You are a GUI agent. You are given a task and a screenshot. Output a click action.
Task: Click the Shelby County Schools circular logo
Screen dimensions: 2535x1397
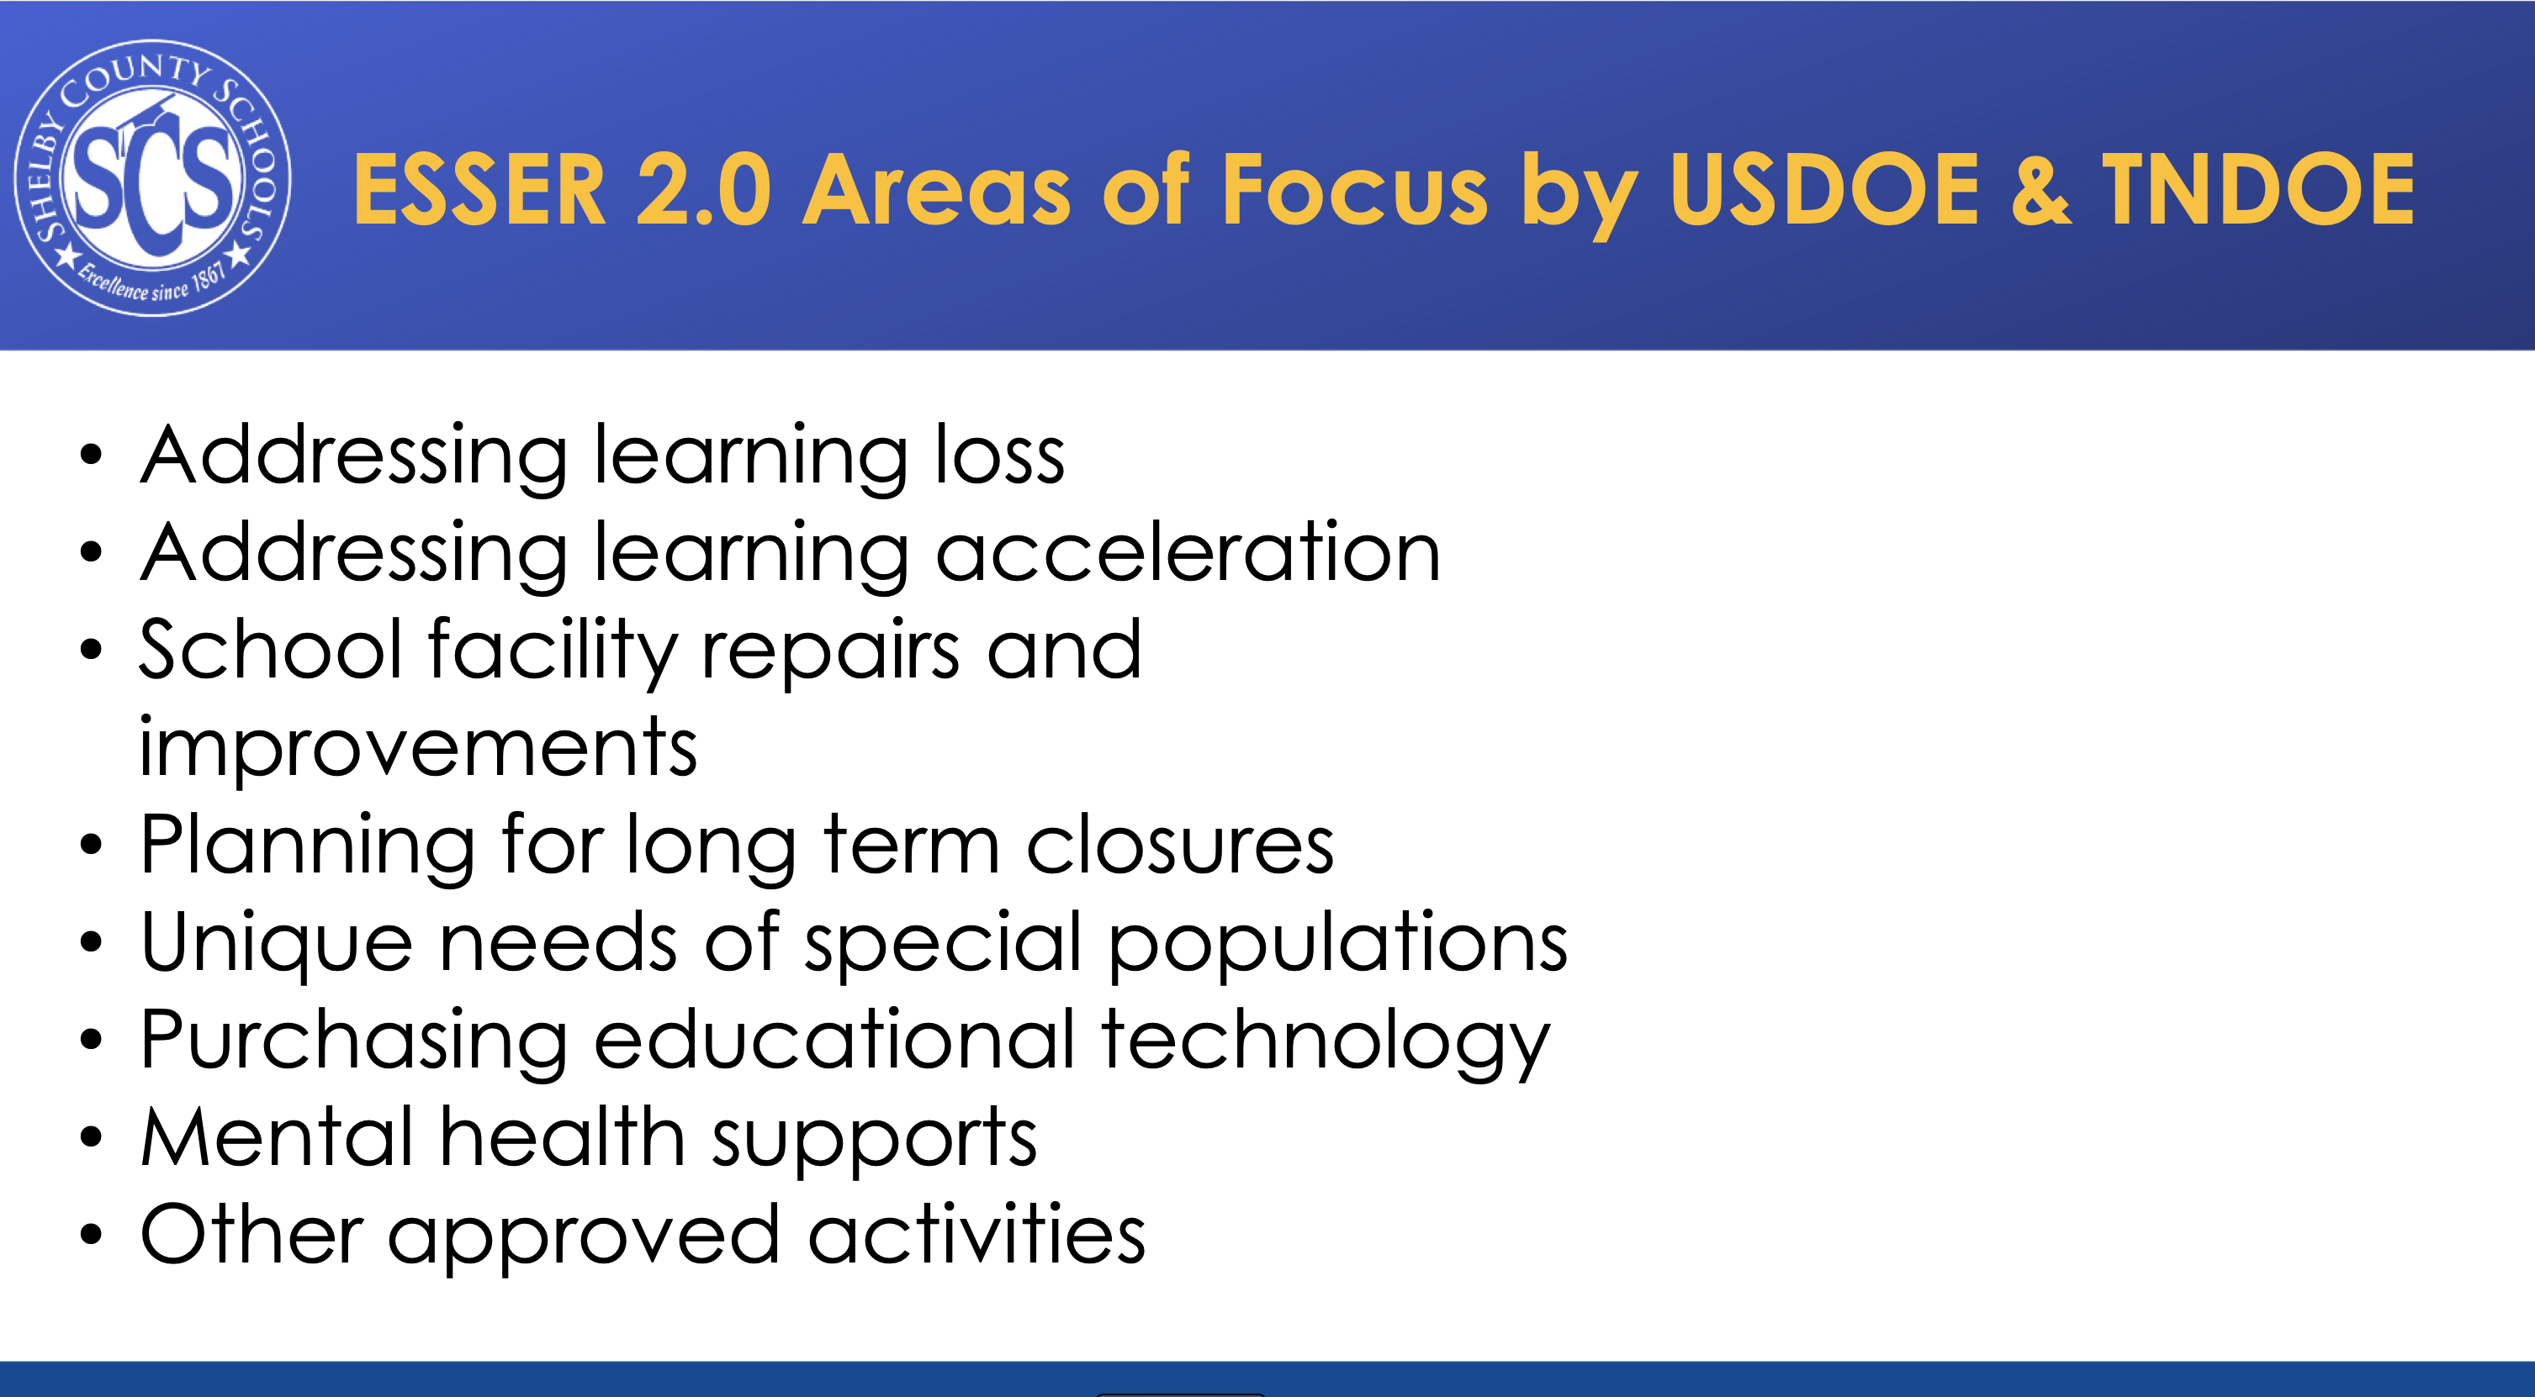click(152, 178)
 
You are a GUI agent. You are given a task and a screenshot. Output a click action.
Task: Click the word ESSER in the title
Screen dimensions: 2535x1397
click(479, 190)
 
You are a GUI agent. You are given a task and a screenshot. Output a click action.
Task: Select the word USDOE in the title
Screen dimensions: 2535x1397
click(1823, 190)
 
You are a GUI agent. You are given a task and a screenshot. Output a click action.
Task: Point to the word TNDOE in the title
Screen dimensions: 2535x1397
click(2258, 190)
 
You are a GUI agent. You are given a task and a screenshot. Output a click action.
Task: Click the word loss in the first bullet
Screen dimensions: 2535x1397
click(1000, 455)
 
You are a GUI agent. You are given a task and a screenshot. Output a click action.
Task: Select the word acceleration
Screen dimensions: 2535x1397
click(1188, 552)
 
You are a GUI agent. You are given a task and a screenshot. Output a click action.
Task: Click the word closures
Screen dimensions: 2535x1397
click(1180, 845)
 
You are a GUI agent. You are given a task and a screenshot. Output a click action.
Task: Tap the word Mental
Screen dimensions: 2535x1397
click(277, 1136)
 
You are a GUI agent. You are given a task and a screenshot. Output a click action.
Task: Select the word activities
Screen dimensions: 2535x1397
click(977, 1234)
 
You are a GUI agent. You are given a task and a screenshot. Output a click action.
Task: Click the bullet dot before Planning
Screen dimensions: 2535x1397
click(92, 844)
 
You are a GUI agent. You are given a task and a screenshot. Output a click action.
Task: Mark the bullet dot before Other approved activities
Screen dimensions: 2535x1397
click(92, 1234)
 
